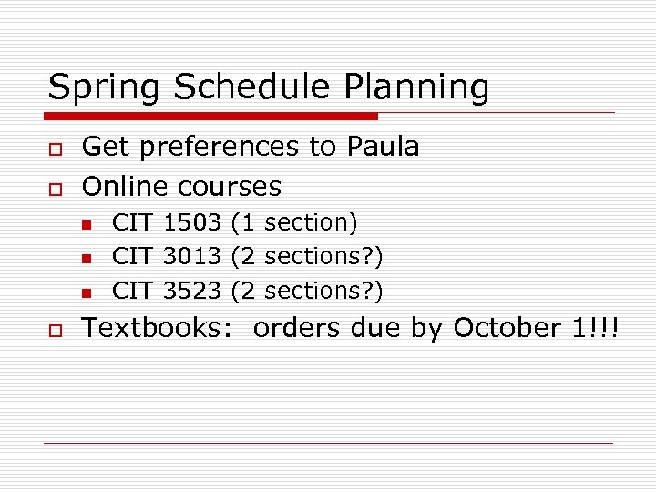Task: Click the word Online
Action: pos(126,186)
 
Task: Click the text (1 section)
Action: pos(294,221)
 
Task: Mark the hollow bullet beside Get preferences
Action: pos(55,148)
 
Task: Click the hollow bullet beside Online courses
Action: pos(55,187)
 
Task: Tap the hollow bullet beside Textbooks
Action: pos(55,329)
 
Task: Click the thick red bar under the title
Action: pos(212,116)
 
